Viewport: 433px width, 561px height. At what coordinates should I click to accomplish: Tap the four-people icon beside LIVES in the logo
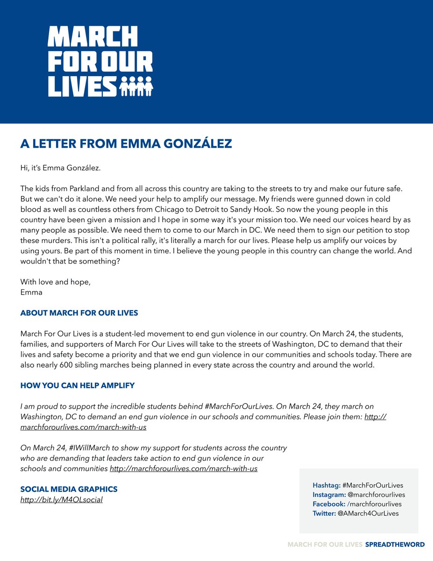click(136, 86)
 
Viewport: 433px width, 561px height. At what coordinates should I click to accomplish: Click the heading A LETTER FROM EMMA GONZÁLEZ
click(126, 144)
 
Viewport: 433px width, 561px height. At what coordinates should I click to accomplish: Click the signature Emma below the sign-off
click(31, 292)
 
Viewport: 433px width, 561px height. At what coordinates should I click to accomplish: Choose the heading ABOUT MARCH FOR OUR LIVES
click(79, 313)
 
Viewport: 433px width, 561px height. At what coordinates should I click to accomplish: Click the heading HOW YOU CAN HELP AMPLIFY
click(77, 386)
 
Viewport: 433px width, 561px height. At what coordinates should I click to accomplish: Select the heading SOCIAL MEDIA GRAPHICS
click(69, 489)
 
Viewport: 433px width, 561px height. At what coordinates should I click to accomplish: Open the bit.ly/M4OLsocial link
click(61, 500)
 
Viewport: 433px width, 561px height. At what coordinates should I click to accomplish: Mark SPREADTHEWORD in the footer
click(395, 544)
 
